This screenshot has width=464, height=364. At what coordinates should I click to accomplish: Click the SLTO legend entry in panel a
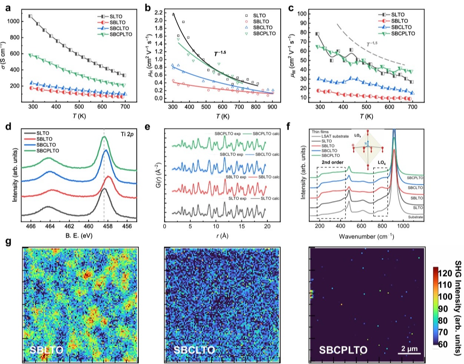click(x=116, y=17)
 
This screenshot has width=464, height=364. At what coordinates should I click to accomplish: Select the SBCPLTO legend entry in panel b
click(x=264, y=33)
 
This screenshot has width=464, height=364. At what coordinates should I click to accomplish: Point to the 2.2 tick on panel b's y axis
click(x=158, y=13)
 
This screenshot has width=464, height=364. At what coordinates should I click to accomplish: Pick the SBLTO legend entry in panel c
click(x=400, y=21)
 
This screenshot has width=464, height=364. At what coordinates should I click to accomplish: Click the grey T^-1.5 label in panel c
click(x=372, y=44)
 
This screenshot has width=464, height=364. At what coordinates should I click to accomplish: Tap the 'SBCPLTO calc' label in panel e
click(x=266, y=134)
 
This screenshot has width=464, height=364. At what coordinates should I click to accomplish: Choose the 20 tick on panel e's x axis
click(x=267, y=226)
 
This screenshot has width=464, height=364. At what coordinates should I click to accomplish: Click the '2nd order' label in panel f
click(x=332, y=162)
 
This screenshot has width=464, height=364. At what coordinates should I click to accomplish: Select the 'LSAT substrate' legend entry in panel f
click(x=335, y=136)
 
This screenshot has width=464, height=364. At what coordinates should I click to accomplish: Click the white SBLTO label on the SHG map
click(x=46, y=350)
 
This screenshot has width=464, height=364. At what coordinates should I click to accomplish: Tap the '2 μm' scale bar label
click(x=410, y=348)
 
